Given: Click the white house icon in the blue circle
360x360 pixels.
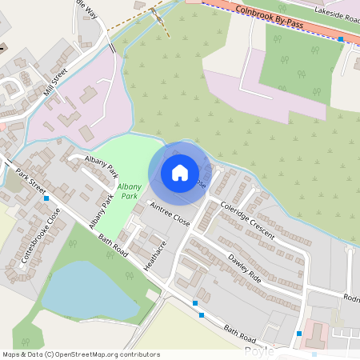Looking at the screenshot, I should point(180,172).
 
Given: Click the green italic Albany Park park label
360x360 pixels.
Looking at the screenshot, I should point(129,190).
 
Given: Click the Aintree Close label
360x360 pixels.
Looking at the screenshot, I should point(169,213).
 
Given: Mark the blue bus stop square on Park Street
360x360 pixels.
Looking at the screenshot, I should point(47,198).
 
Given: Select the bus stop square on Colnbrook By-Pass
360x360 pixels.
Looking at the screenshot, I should point(341,38).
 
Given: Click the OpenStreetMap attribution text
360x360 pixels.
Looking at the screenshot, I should point(82,354).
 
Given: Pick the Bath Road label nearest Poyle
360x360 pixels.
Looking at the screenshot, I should point(240,330).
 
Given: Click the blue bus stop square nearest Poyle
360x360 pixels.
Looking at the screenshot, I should point(299,333).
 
